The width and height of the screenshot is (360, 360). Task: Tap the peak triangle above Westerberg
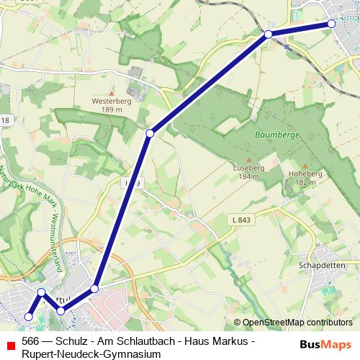[110, 93]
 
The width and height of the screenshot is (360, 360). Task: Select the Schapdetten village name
[318, 265]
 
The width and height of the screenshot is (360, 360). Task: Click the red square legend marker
[9, 341]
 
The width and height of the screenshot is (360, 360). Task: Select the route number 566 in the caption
[30, 341]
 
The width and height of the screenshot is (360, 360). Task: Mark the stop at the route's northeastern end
[331, 24]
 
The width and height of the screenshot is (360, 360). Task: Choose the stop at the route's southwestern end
[29, 316]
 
